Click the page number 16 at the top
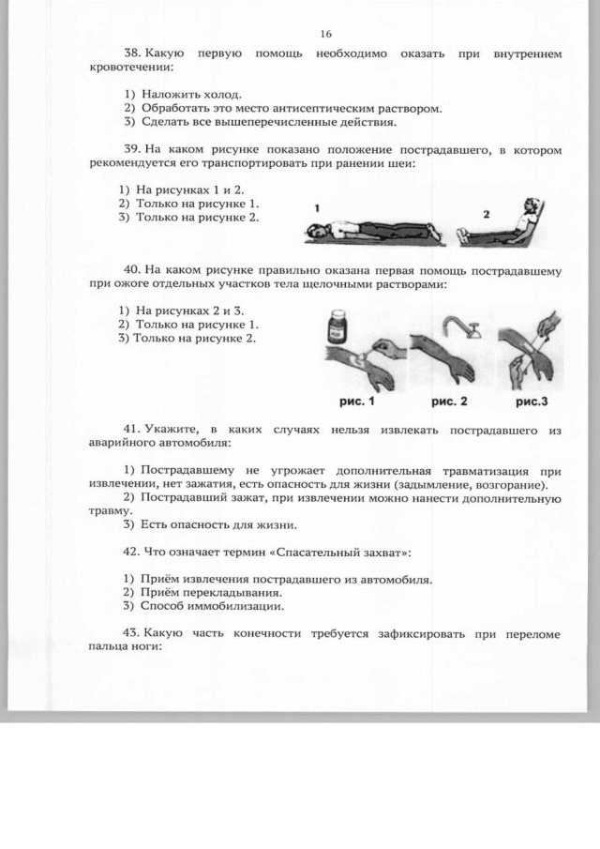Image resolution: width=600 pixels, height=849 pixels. pos(325,34)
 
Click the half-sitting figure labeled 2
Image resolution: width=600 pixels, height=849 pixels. pos(501,226)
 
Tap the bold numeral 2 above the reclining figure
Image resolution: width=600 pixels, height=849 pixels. pos(486,214)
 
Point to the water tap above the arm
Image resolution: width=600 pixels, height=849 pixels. pos(461,325)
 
